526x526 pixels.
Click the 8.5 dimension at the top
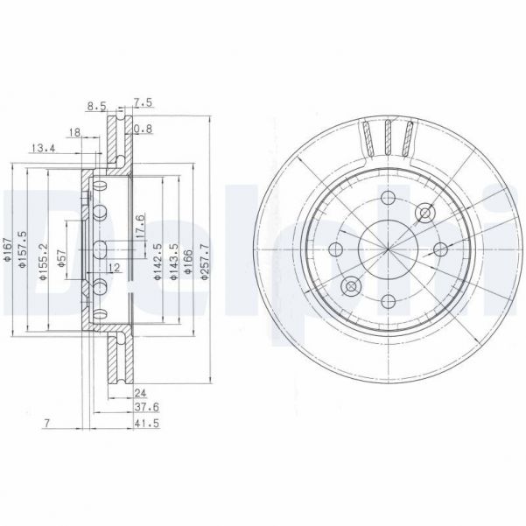pos(97,107)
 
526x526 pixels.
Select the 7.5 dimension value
pos(142,102)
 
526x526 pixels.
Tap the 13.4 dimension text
pos(43,148)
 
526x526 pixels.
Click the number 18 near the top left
pos(74,132)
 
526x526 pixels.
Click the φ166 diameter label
pos(192,259)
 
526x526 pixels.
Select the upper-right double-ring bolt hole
pos(426,213)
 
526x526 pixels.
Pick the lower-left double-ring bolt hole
pos(352,286)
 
